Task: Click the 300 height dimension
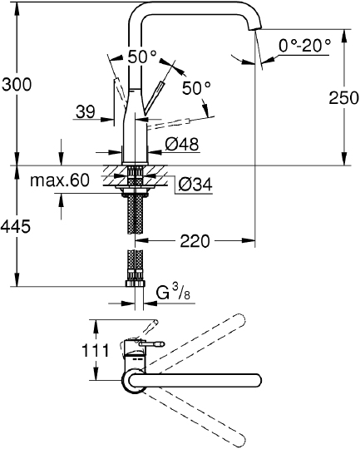(17, 84)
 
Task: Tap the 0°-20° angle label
(305, 44)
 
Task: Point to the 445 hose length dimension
(17, 227)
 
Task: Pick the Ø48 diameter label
(182, 145)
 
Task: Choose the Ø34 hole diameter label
(195, 185)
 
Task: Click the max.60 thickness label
(59, 180)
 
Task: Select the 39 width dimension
(85, 110)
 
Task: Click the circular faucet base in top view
(135, 381)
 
